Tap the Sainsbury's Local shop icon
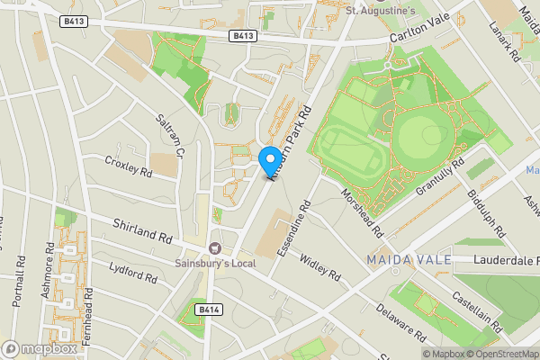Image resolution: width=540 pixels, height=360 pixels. pos(214,247)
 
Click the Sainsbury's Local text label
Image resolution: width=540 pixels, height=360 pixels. pos(215,263)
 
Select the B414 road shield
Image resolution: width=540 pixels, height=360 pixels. pos(209,310)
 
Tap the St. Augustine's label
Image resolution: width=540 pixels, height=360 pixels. pos(382,12)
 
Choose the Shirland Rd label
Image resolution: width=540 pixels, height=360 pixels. pos(142,230)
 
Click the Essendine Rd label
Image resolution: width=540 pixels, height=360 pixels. pos(295,229)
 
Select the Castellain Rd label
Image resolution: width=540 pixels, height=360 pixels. pos(477,302)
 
